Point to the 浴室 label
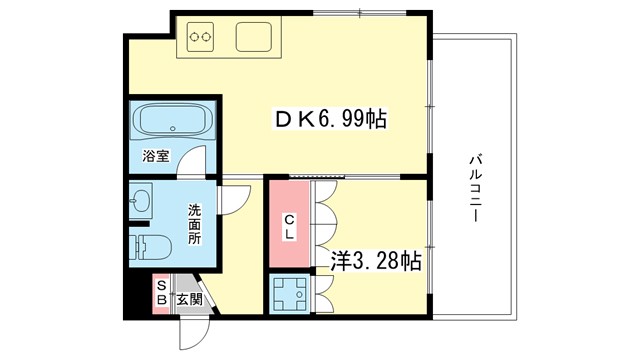pos(154,157)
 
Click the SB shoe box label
pos(162,297)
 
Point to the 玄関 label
pos(190,298)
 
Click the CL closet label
pos(288,226)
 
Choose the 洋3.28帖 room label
pos(375,261)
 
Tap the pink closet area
pos(288,225)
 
